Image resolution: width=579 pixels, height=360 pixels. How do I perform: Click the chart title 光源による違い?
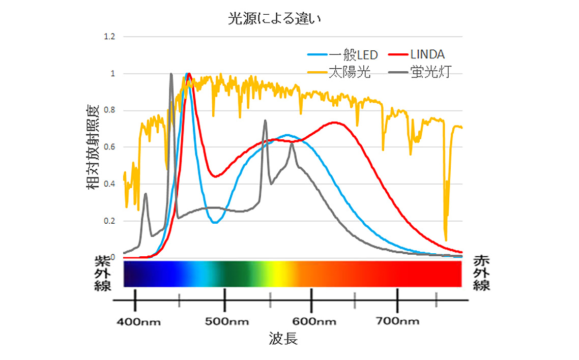coord(276,19)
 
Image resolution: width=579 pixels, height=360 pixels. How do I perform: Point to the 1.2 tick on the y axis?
coord(109,37)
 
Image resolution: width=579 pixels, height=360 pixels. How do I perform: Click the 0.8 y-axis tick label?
coord(109,111)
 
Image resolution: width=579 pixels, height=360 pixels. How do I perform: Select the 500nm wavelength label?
coord(225,321)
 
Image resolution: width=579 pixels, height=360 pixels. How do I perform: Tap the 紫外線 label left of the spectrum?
coord(103,273)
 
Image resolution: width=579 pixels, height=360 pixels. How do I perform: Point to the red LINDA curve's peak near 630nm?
coord(334,123)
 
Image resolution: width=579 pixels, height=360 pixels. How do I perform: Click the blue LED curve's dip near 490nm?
coord(215,222)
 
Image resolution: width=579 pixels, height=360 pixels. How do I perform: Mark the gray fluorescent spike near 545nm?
coord(265,121)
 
